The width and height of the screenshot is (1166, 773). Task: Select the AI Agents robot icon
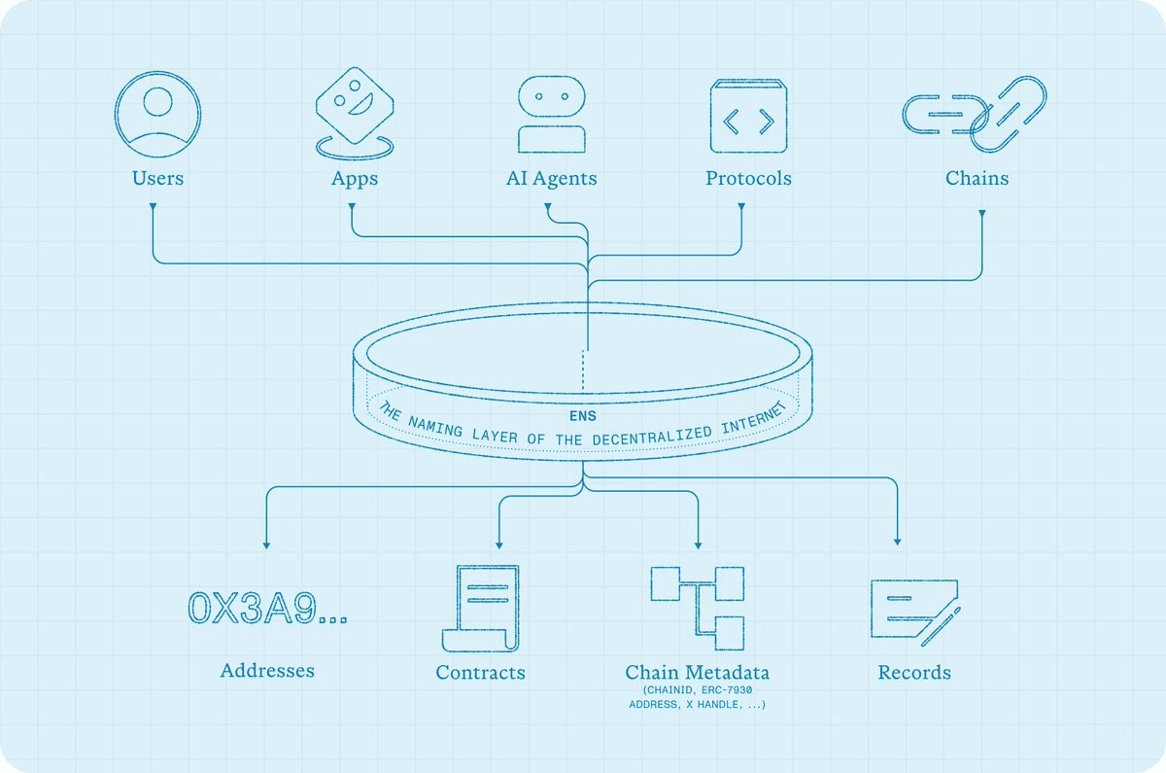[x=551, y=115]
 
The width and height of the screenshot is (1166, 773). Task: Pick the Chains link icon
[x=975, y=114]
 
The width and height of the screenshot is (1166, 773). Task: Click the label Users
[x=157, y=178]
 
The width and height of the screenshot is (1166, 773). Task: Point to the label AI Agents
[x=551, y=178]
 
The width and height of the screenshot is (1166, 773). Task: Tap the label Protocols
[x=748, y=178]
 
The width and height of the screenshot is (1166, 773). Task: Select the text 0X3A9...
[x=255, y=607]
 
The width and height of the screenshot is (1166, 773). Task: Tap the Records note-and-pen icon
[x=914, y=610]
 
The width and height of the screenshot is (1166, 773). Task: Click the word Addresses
[x=267, y=670]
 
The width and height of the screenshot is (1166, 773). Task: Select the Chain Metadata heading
[x=697, y=672]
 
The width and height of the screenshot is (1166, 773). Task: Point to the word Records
[x=914, y=672]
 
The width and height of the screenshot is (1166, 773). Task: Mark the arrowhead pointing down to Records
[x=897, y=541]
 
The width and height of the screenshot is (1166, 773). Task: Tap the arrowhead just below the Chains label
[x=981, y=210]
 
